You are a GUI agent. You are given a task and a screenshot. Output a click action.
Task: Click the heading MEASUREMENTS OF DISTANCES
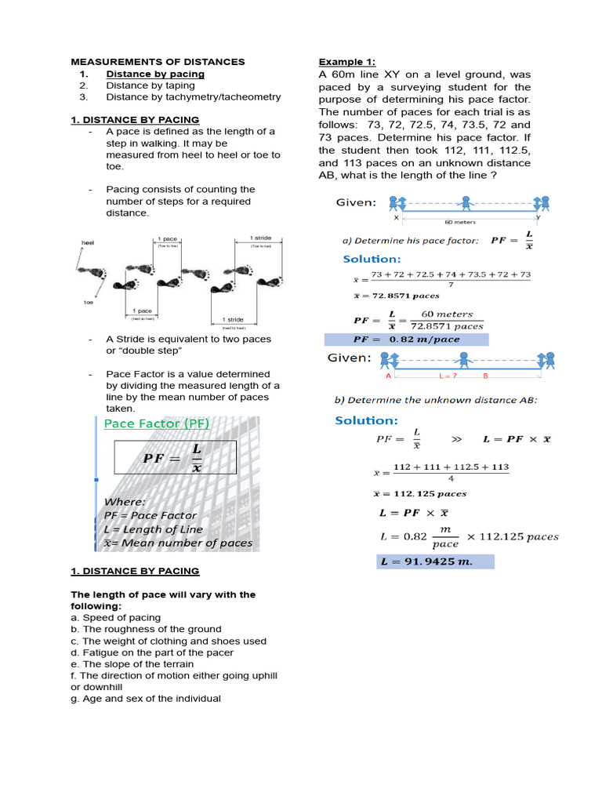tap(158, 61)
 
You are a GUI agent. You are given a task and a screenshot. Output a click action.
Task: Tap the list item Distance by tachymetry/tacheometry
tap(193, 97)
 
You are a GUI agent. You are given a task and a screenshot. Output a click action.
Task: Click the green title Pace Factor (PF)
tap(156, 423)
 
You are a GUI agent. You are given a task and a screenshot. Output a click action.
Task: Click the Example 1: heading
tap(346, 62)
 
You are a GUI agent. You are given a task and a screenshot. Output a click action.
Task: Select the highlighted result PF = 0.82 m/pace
tap(406, 340)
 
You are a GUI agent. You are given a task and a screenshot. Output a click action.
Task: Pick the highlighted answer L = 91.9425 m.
tap(435, 561)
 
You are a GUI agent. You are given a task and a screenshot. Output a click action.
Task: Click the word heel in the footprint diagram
tap(87, 243)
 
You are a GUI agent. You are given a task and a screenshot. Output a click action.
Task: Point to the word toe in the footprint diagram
tap(89, 301)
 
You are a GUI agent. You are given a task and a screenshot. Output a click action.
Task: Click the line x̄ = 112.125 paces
tap(409, 494)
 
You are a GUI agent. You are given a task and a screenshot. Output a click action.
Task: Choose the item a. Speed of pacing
tap(115, 617)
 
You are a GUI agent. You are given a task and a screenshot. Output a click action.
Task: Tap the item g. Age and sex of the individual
tap(145, 698)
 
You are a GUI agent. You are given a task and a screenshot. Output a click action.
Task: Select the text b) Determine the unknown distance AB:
tap(437, 400)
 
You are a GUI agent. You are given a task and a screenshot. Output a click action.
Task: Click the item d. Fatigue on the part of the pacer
tap(151, 652)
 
